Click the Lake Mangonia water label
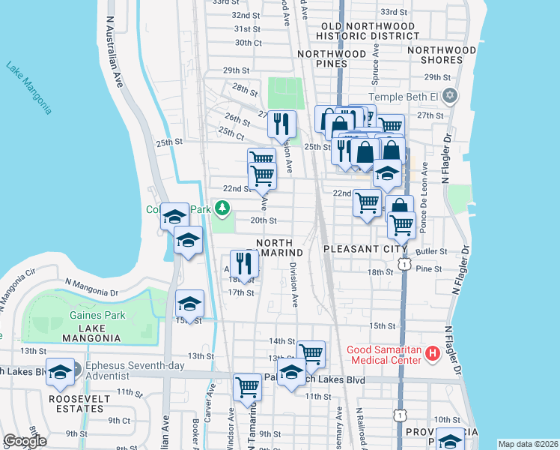[29, 87]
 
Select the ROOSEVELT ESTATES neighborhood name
[76, 403]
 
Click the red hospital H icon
[431, 352]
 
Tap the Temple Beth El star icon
[450, 96]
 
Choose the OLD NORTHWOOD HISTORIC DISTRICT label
[369, 31]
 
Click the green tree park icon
[222, 208]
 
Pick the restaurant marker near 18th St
[244, 263]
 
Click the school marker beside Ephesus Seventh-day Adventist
[60, 372]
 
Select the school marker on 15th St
[189, 304]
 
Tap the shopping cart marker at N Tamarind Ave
[247, 387]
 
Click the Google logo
[25, 441]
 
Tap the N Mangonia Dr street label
[92, 283]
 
